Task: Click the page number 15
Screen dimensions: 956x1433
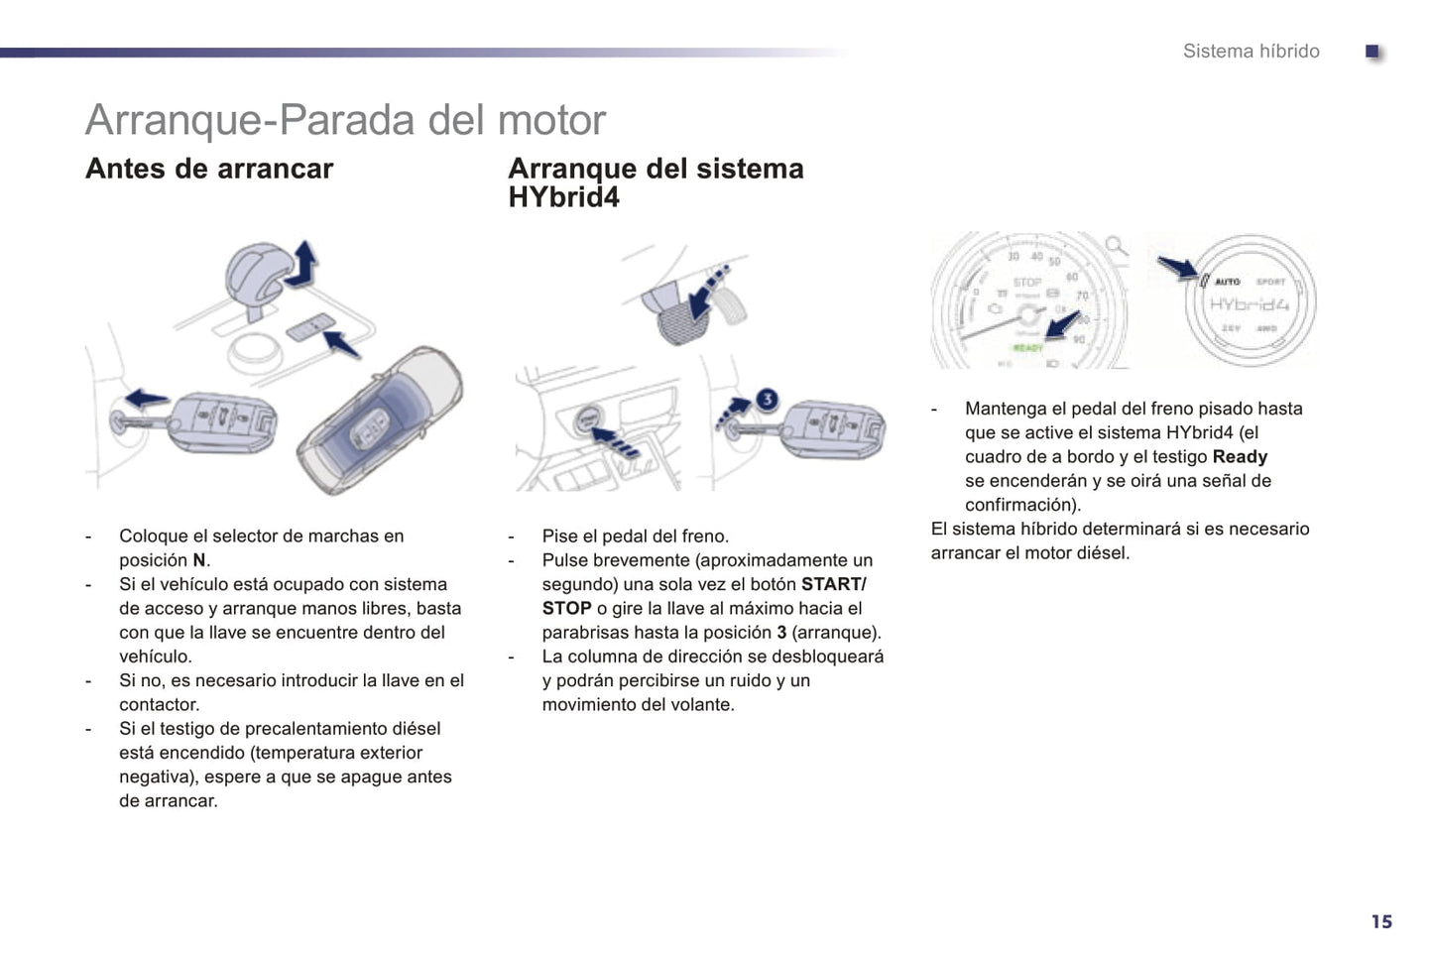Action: (1381, 922)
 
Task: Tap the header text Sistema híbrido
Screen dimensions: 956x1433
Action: (1251, 52)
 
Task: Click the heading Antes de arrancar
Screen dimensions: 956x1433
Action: (209, 169)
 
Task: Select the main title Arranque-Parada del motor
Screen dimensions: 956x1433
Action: (345, 120)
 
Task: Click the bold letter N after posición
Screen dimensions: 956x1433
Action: (199, 560)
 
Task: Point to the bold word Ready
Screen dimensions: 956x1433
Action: (1240, 457)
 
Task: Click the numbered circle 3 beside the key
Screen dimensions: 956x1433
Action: (767, 400)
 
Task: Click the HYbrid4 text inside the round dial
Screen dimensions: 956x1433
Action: (1250, 304)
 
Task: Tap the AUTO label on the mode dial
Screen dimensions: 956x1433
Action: (1227, 282)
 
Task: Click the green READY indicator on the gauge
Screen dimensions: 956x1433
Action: (1027, 348)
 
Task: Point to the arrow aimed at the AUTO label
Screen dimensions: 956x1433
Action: (1177, 267)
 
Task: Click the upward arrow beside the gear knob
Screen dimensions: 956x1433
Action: (303, 263)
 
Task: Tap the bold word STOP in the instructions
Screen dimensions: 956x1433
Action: (566, 608)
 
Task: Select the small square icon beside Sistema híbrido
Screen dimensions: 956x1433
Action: (1373, 52)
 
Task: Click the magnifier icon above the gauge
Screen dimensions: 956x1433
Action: (1117, 245)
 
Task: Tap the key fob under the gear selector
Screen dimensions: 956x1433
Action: (218, 423)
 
